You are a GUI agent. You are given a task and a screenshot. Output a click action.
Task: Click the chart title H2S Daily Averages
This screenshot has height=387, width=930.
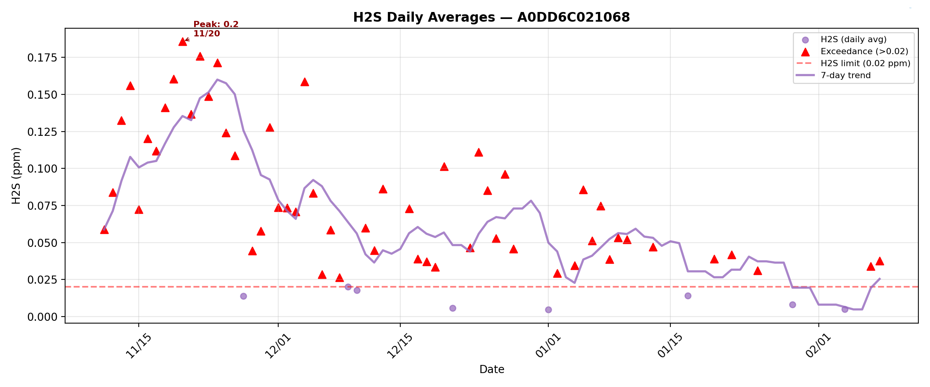coord(491,17)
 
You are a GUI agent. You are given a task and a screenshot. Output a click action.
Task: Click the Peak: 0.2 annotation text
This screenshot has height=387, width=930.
coord(216,24)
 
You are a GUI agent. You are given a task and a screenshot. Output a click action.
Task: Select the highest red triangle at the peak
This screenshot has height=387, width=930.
coord(183,42)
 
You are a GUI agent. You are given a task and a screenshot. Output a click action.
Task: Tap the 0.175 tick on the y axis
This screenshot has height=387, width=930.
coord(42,58)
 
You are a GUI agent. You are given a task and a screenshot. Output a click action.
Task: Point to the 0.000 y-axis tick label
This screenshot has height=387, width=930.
coord(42,317)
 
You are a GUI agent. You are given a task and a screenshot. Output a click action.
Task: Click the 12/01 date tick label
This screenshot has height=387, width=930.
coord(278,346)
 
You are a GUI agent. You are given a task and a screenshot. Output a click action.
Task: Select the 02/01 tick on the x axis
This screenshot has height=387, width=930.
coord(818,346)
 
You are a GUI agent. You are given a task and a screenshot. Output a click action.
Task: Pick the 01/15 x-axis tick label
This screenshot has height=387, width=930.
coord(670,346)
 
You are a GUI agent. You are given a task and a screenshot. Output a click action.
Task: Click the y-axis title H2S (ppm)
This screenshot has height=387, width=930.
coord(16,175)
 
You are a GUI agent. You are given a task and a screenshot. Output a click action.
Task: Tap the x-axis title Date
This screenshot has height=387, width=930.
coord(491,370)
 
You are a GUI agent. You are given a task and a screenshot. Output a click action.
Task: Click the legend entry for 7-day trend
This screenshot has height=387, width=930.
coord(846,75)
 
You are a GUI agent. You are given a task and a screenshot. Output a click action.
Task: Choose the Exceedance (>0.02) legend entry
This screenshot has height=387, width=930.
coord(864,51)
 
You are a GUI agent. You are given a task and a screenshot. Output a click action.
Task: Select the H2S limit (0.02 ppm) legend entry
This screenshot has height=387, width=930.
coord(865,63)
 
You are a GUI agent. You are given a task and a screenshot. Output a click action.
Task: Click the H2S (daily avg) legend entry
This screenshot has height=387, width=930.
coord(853,39)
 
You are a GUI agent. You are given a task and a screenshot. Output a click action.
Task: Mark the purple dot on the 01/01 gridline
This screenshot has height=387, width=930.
coord(548,310)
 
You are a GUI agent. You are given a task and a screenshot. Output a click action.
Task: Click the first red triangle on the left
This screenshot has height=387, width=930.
coord(104,230)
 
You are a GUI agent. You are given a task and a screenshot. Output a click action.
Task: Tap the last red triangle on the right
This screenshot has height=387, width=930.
coord(880,261)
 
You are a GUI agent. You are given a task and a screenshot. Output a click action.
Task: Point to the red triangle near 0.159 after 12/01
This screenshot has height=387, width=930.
coord(305,82)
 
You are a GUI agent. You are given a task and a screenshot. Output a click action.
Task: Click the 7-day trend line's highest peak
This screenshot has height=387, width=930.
coord(217,80)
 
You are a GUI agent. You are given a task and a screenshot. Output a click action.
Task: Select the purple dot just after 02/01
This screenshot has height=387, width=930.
coord(845,309)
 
